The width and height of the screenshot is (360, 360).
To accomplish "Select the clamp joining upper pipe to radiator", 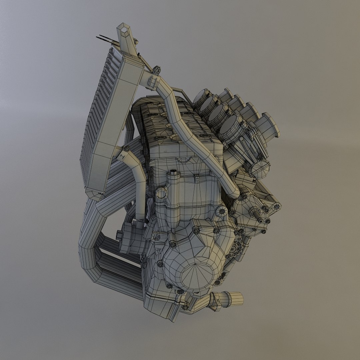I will coord(152,81).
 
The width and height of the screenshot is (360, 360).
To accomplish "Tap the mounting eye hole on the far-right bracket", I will coord(276,207).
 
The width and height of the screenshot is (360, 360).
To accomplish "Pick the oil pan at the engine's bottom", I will coord(160,302).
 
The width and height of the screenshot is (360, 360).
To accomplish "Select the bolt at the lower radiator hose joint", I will coord(127,149).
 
